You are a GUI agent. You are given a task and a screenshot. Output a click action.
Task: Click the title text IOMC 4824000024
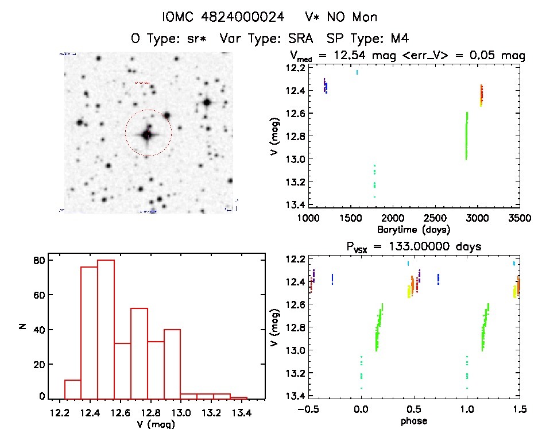tap(223, 17)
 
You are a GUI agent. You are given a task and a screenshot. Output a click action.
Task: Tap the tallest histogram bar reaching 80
tap(106, 328)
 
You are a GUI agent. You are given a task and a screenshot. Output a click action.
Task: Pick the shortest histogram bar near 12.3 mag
tap(73, 388)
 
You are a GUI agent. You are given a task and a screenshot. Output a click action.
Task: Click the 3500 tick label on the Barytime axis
tap(520, 218)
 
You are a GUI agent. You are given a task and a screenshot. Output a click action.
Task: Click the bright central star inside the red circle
tap(147, 135)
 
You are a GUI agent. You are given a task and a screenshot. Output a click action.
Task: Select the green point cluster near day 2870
tap(466, 137)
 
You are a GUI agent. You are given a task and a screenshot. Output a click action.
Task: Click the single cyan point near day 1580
tap(357, 72)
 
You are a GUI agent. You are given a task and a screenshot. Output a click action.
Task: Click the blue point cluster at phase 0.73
tap(438, 279)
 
